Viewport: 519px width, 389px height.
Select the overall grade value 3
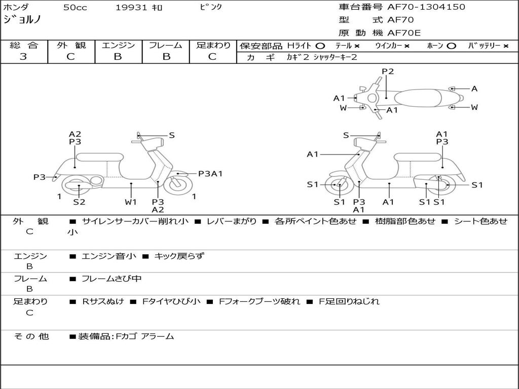tap(23, 57)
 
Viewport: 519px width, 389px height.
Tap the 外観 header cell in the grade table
tap(71, 46)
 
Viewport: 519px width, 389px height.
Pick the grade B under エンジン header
tap(118, 57)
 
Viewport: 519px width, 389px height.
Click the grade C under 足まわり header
tap(212, 57)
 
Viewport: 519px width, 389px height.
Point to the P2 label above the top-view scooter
tap(388, 71)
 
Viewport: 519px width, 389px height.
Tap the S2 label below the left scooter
tap(79, 202)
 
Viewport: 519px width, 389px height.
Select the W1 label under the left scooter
tap(131, 202)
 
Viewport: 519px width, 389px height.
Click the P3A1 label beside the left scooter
tap(210, 174)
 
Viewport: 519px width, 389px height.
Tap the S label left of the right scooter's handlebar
tap(346, 135)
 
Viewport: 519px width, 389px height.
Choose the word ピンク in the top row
tap(210, 8)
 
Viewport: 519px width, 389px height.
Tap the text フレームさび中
tap(112, 279)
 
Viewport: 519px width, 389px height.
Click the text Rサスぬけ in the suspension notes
tap(103, 301)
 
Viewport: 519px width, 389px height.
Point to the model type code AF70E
tap(404, 33)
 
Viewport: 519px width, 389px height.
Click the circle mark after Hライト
tap(320, 46)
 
